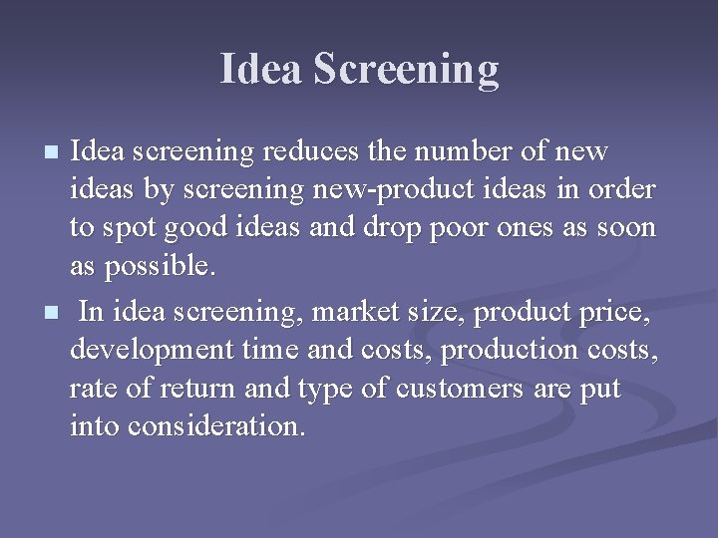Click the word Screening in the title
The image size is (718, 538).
tap(406, 70)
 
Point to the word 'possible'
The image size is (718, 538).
tap(156, 266)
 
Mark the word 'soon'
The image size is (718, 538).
tap(623, 228)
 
